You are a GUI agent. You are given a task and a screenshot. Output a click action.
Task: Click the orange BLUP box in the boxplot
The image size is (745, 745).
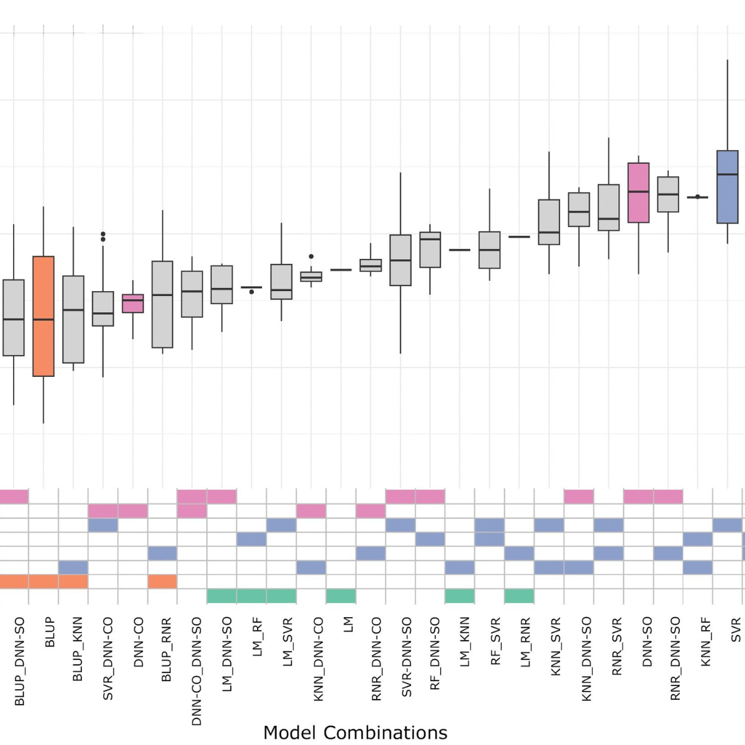[43, 316]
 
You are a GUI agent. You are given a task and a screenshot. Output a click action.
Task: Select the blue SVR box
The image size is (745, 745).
[727, 187]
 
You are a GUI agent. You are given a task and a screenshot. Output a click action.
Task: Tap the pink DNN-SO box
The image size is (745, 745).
[638, 192]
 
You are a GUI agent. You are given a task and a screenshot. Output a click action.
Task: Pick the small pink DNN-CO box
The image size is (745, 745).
[133, 304]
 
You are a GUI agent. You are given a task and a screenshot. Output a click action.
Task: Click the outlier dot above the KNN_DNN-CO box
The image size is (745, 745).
[311, 256]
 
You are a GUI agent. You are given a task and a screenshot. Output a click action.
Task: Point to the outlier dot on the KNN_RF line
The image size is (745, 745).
[698, 197]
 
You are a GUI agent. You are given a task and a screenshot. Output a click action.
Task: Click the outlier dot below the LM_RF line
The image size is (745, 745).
[251, 292]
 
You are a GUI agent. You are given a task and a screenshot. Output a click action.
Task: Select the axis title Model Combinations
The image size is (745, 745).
[355, 733]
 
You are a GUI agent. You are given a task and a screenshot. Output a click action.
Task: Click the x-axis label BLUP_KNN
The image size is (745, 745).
[78, 649]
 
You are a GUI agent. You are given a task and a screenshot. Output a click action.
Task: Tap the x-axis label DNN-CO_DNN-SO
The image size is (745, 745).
[197, 671]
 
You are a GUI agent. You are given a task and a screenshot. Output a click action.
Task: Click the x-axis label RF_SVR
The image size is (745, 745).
[495, 641]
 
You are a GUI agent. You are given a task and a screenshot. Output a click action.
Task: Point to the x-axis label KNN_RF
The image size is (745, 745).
[705, 642]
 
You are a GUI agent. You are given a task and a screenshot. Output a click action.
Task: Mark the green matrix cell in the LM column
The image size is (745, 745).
[341, 596]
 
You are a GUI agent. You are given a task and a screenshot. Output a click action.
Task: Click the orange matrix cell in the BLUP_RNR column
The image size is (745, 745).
[162, 582]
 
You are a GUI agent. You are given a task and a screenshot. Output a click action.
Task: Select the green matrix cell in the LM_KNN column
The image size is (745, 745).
[459, 596]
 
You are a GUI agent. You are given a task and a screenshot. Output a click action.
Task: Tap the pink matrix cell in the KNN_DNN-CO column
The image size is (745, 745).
[311, 511]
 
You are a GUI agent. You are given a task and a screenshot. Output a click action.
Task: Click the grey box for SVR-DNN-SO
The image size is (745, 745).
[400, 260]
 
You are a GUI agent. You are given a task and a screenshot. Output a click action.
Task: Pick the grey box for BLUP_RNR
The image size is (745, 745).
[163, 304]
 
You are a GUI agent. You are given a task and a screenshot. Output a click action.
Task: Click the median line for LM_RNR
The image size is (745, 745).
[519, 237]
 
